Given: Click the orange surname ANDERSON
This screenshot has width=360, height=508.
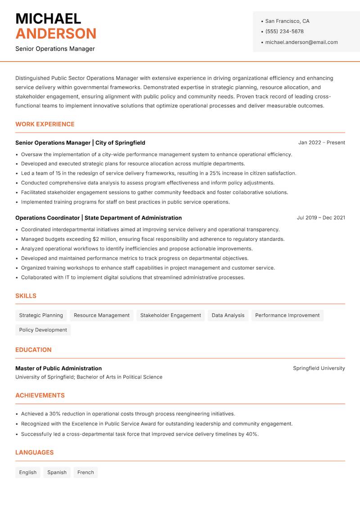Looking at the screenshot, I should click(56, 34).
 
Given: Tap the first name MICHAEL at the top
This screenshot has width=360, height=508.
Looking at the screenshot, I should click(48, 18).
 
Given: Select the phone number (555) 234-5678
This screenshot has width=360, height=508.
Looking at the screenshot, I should click(284, 31).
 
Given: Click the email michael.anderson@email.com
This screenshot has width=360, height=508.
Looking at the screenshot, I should click(301, 42).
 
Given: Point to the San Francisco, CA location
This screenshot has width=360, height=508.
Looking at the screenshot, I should click(287, 21).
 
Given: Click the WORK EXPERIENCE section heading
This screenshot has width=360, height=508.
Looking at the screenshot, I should click(45, 124).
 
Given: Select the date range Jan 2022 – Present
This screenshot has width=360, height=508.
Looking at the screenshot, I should click(321, 143).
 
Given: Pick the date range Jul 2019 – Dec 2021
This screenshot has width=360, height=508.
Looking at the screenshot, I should click(321, 218).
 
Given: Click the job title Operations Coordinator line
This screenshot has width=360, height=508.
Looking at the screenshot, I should click(98, 218).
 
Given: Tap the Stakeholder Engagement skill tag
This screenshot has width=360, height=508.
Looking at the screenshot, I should click(171, 315).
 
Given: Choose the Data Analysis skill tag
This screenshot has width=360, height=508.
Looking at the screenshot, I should click(228, 315).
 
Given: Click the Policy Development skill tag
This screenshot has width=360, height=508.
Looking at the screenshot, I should click(43, 330).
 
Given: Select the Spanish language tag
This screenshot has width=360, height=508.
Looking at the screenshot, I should click(57, 472).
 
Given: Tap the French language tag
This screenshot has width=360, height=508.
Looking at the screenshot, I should click(85, 472).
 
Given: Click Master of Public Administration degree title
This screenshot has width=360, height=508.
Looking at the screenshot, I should click(58, 368).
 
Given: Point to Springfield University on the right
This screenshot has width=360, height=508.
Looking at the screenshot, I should click(319, 368).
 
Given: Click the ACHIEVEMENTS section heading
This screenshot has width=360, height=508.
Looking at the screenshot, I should click(40, 395).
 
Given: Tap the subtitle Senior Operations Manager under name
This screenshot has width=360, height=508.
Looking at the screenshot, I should click(55, 49).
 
